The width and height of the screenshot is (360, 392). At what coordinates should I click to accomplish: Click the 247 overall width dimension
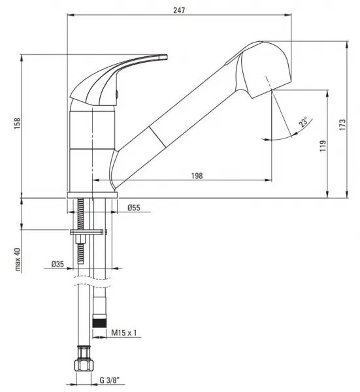(x=179, y=10)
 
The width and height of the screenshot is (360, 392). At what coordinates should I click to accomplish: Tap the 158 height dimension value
(x=17, y=123)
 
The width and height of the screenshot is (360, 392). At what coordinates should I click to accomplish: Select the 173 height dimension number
(x=342, y=125)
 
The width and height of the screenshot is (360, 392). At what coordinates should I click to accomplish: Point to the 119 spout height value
(x=323, y=146)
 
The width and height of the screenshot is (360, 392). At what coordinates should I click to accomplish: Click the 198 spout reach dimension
(x=197, y=176)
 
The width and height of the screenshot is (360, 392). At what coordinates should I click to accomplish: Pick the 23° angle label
(x=304, y=122)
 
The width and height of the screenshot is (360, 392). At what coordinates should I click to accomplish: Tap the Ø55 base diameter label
(x=134, y=208)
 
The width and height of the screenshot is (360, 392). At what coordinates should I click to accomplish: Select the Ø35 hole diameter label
(x=57, y=264)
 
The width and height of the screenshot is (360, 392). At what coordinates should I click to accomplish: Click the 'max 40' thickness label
(x=18, y=259)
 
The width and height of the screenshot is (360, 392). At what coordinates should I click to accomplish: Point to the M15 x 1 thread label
(x=124, y=333)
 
